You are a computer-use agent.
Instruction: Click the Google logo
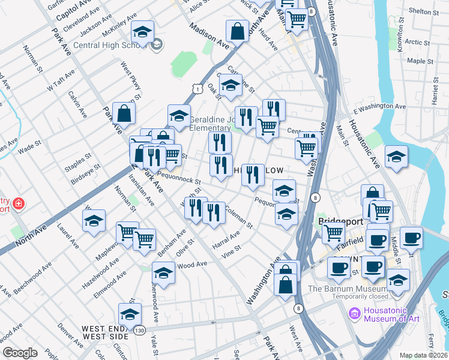(x=20, y=353)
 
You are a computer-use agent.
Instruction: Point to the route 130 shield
(x=139, y=331)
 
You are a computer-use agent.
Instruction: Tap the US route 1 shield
(x=197, y=89)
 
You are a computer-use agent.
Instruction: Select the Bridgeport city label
(x=341, y=220)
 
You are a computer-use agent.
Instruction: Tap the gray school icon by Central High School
(x=157, y=44)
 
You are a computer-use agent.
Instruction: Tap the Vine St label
(x=231, y=248)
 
